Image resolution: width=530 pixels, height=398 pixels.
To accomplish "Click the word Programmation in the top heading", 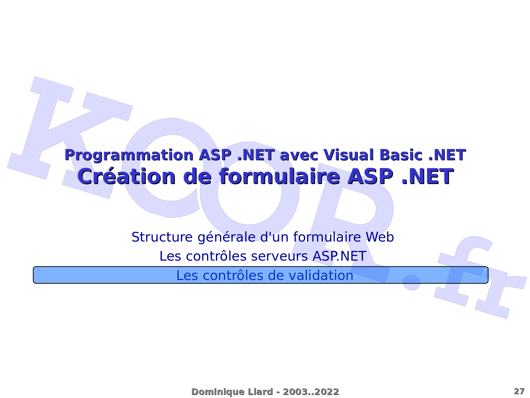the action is point(129,155).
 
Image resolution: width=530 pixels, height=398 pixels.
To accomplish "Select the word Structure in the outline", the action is point(162,237).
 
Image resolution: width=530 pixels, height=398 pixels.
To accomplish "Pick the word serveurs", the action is point(279,256).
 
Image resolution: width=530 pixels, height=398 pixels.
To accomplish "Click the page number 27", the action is point(519,391).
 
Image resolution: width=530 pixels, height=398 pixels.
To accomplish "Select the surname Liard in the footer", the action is point(260,392).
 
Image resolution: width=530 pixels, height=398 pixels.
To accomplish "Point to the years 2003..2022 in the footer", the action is point(311,392).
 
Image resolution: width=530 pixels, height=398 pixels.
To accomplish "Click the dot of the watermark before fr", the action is point(411,282).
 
